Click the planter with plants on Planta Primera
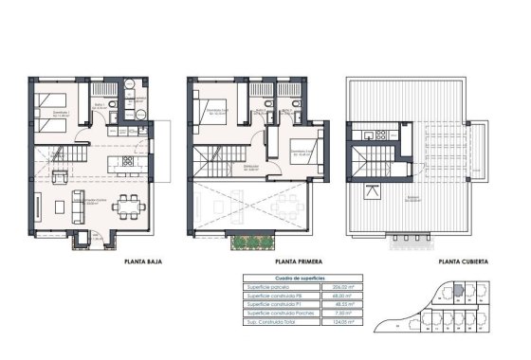248,243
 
